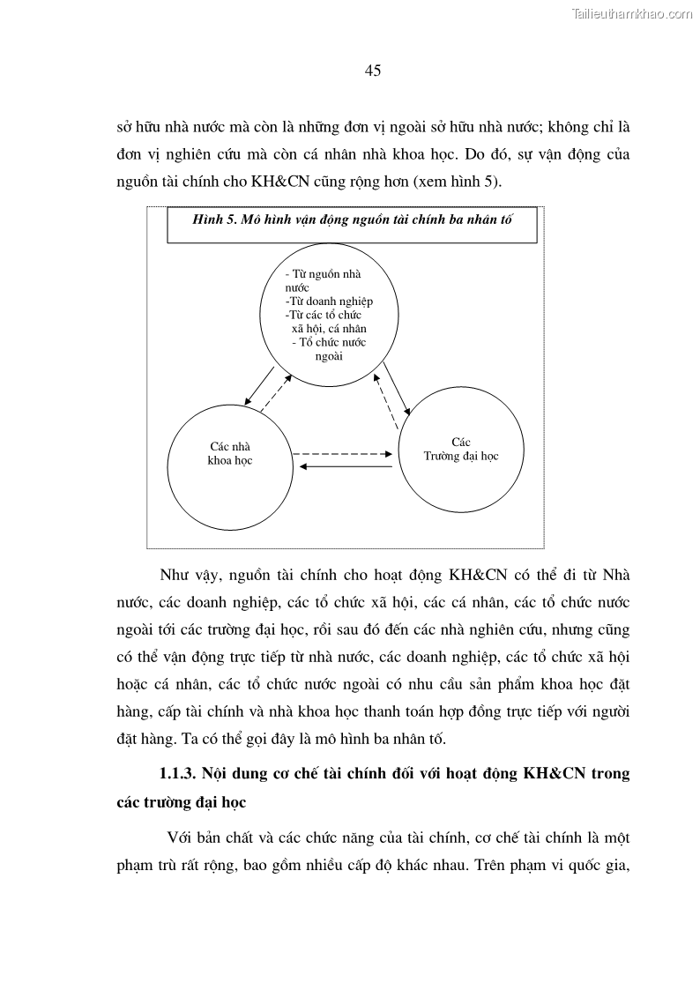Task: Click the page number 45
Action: [372, 71]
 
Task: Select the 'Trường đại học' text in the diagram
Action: [461, 456]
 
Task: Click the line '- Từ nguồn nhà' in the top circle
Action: [324, 275]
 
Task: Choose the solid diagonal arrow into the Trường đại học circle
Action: [398, 388]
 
